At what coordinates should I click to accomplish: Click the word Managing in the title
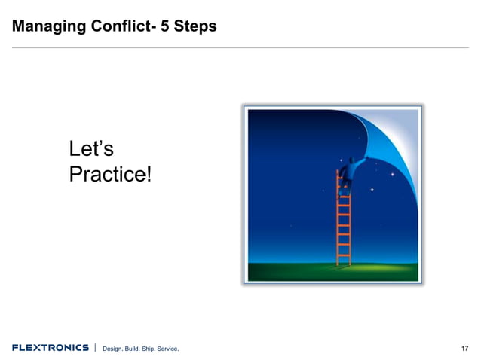click(44, 27)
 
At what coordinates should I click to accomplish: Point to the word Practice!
click(109, 175)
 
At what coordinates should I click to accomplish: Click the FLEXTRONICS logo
click(50, 347)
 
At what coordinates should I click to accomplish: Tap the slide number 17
click(464, 348)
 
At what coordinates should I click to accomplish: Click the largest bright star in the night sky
click(392, 174)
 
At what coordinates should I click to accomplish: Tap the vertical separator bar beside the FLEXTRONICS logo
click(95, 347)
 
